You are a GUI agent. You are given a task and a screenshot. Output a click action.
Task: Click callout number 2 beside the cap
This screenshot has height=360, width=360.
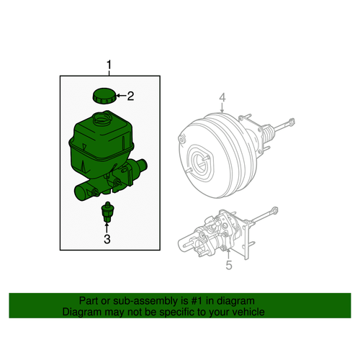click(x=132, y=95)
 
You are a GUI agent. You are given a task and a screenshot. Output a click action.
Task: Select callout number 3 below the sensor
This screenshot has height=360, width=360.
click(x=107, y=239)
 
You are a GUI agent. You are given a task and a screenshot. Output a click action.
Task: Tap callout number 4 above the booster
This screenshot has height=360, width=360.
click(x=223, y=97)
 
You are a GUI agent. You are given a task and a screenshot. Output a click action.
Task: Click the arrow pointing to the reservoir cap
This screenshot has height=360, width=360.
click(x=120, y=95)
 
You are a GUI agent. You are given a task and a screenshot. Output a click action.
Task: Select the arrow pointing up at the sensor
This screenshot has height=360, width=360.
click(x=107, y=227)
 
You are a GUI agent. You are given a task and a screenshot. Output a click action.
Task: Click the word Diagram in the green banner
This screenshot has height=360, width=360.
click(x=81, y=313)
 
